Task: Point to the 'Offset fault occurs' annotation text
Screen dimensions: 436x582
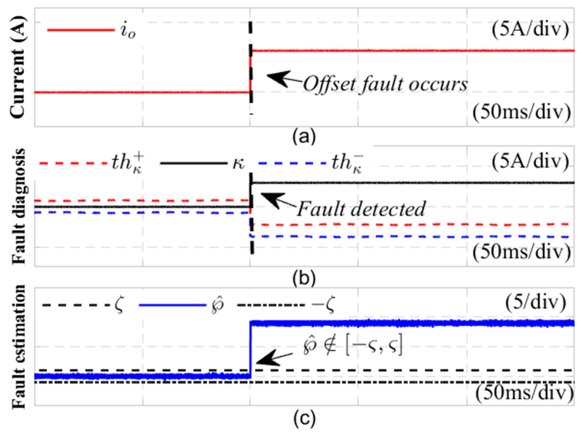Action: (385, 84)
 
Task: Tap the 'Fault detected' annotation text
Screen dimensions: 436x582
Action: (361, 209)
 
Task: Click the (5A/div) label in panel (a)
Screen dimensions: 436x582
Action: (530, 30)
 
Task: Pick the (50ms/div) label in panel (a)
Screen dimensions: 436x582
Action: (521, 112)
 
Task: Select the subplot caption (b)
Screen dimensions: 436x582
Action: (304, 278)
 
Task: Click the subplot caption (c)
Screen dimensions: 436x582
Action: (304, 419)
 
